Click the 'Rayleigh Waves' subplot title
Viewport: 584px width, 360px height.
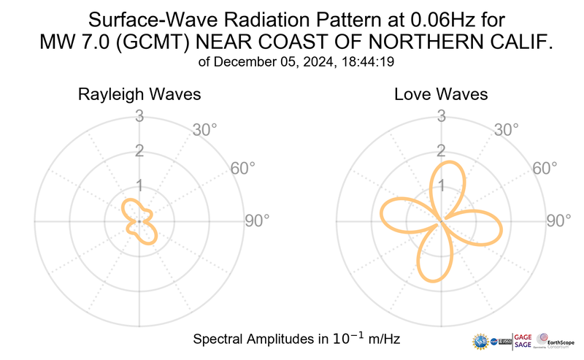click(139, 95)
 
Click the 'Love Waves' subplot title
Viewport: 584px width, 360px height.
click(441, 95)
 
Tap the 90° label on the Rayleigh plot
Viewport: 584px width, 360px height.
click(256, 221)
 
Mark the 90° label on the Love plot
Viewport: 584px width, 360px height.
click(559, 221)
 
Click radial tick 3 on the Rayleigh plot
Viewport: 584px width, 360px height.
click(138, 116)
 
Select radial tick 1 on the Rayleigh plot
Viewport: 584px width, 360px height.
click(138, 185)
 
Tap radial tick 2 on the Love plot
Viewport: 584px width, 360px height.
click(441, 151)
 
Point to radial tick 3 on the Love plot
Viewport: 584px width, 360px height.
click(441, 116)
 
